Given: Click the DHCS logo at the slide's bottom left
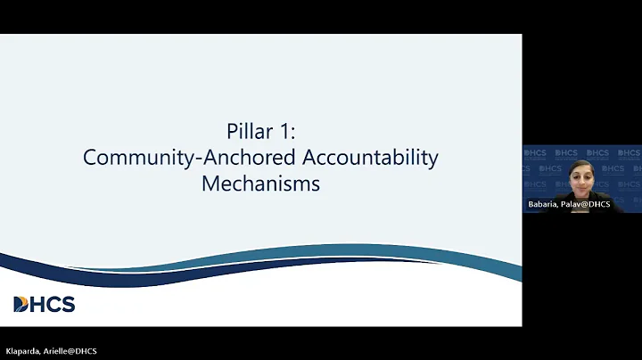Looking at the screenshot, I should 45,304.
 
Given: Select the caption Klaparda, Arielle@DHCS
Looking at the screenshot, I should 49,351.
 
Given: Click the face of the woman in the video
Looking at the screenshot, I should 580,176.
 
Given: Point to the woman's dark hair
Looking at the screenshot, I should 580,165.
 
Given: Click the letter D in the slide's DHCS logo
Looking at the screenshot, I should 21,305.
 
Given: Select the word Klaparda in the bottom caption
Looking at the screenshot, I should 20,351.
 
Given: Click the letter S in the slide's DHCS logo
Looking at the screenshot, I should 68,305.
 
